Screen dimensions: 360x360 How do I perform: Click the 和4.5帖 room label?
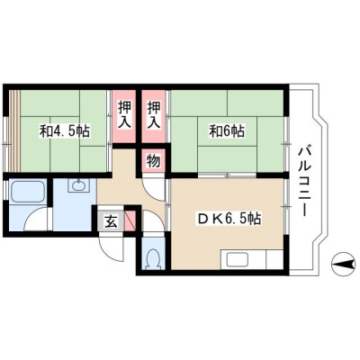click(65, 131)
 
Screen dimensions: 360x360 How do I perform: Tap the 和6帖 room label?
click(227, 131)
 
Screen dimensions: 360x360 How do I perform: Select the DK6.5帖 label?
click(229, 219)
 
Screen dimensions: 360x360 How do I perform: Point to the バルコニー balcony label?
click(303, 181)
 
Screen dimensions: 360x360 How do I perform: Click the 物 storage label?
click(153, 161)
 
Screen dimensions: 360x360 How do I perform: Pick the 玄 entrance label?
click(111, 221)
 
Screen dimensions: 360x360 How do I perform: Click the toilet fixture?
click(152, 258)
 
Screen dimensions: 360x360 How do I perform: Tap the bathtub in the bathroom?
click(27, 192)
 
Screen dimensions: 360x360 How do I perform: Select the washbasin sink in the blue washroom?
click(78, 186)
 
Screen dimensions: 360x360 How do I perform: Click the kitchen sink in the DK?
click(238, 259)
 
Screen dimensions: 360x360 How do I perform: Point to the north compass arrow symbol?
click(343, 265)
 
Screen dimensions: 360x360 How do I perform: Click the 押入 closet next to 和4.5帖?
click(124, 116)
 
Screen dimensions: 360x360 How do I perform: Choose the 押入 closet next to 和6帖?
click(153, 116)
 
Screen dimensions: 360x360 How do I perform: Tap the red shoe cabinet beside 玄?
click(130, 220)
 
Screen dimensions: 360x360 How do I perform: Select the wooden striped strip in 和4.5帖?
click(14, 131)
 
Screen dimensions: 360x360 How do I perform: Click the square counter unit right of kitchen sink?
click(274, 259)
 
